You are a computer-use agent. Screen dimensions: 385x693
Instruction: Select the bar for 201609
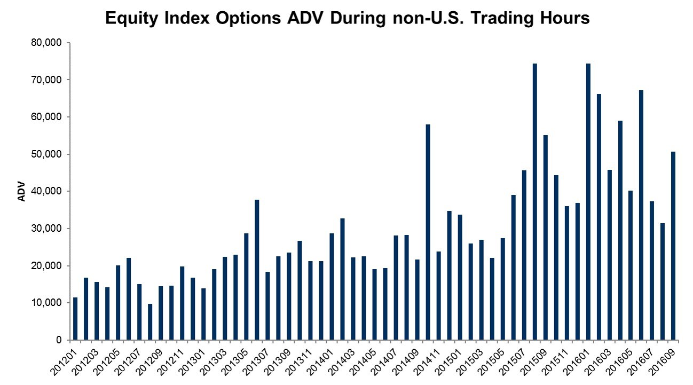click(x=673, y=246)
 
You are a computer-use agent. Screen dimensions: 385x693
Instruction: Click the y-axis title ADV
click(x=22, y=192)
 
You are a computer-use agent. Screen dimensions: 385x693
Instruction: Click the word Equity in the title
click(x=131, y=19)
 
